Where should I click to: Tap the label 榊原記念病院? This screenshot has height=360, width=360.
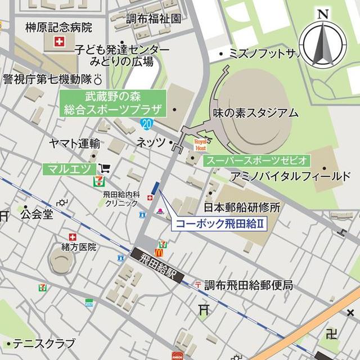point(59,27)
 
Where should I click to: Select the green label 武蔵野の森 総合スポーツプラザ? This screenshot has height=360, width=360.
point(112,103)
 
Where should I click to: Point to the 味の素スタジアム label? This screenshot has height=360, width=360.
point(255,113)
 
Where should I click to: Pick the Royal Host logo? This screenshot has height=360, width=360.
point(201,143)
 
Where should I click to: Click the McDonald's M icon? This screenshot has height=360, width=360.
point(159,253)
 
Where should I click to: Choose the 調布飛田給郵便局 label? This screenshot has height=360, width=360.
point(248,285)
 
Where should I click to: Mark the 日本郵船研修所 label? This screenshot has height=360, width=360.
point(249,207)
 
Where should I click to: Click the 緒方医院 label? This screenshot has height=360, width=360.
point(79,246)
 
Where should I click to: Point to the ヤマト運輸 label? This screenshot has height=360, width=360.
point(74,143)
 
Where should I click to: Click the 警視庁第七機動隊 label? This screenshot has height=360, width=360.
point(47,79)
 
